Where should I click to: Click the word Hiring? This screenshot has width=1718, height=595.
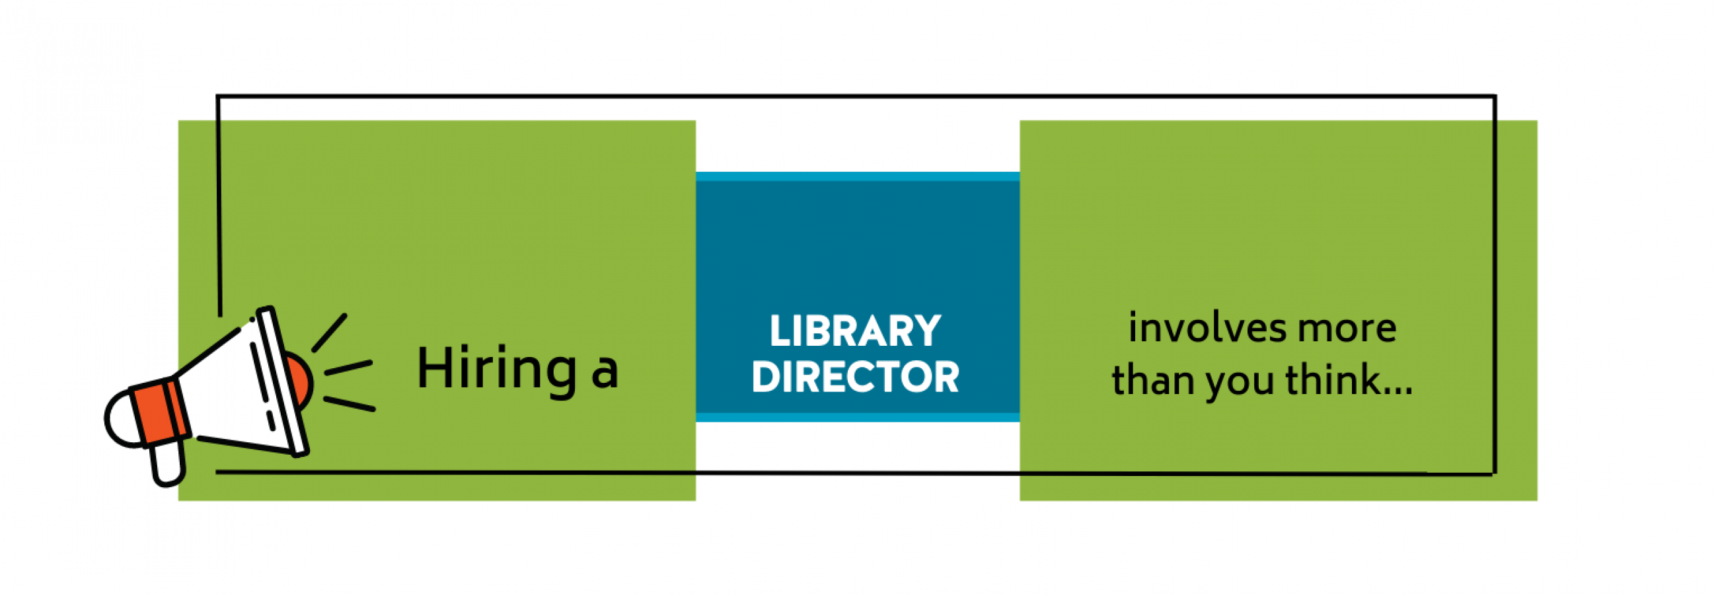(497, 369)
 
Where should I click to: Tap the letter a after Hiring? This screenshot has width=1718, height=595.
(605, 373)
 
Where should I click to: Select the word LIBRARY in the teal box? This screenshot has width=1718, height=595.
(855, 331)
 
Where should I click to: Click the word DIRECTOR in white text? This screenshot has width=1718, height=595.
(855, 377)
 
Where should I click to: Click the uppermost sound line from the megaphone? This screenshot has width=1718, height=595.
(330, 332)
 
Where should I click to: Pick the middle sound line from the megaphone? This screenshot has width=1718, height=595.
(348, 368)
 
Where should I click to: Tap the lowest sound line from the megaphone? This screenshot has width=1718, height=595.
(349, 403)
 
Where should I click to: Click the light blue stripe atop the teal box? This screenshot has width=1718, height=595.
(857, 177)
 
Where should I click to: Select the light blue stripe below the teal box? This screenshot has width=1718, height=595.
(857, 418)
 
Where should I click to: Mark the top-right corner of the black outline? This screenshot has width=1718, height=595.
(1495, 97)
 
